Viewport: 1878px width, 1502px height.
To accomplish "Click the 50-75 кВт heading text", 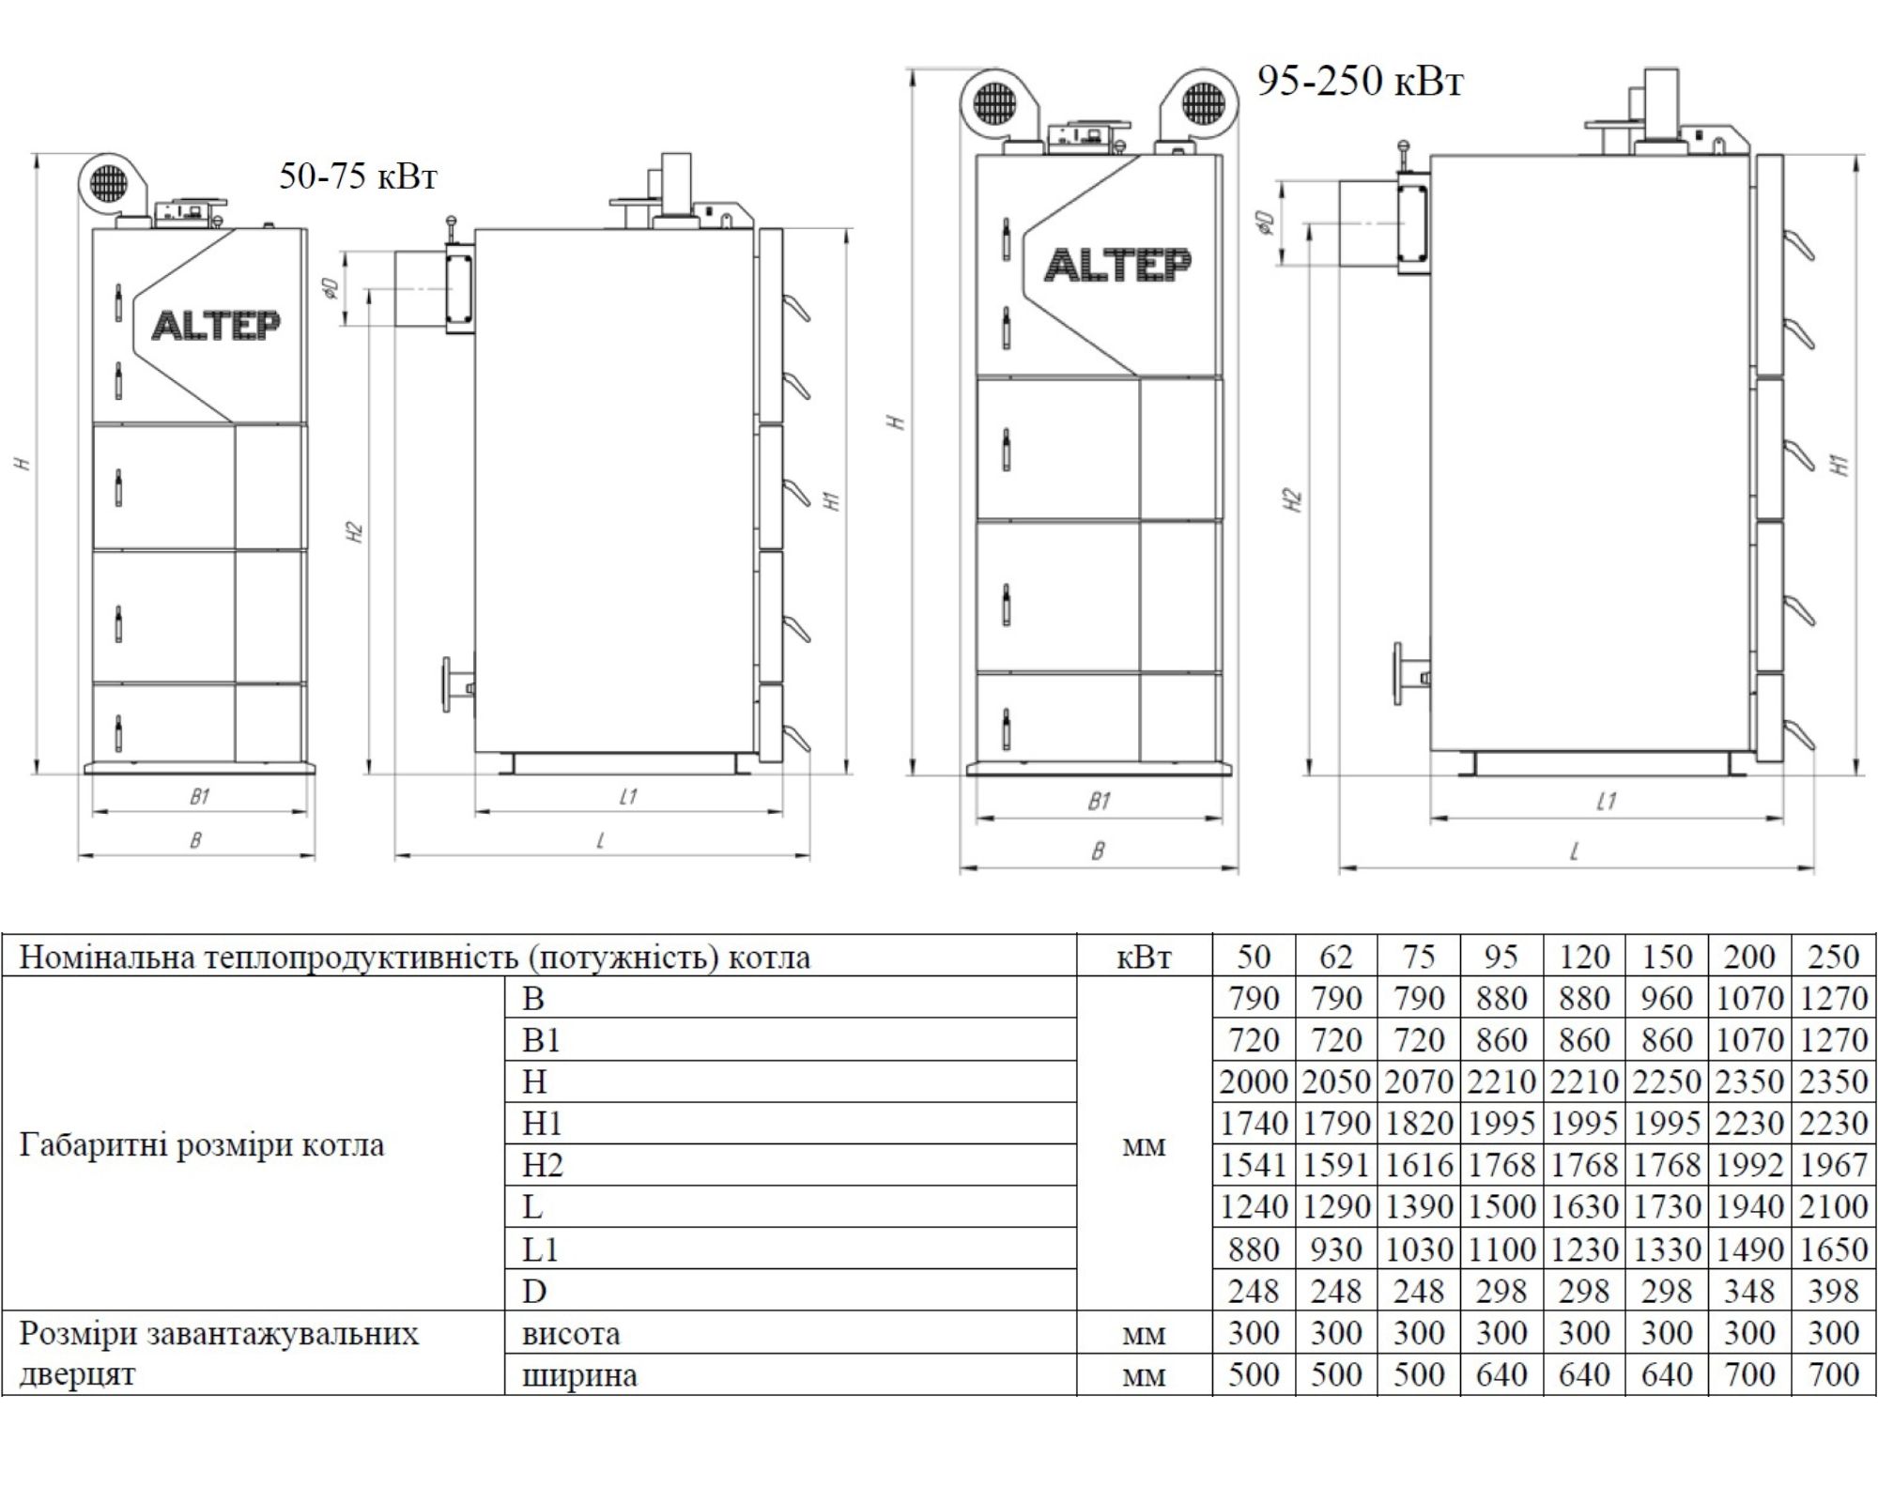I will click(x=358, y=176).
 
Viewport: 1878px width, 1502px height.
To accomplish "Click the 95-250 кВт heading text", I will click(x=1360, y=82).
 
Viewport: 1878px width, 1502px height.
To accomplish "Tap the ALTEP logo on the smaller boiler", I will click(x=215, y=326).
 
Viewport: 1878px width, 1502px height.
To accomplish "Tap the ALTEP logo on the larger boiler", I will click(x=1117, y=265).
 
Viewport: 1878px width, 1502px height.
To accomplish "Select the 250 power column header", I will click(x=1833, y=957).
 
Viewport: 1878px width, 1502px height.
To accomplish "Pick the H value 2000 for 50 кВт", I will click(x=1253, y=1082).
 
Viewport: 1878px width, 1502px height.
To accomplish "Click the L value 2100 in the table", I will click(x=1833, y=1207).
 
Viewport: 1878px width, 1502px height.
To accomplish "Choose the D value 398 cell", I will click(x=1833, y=1292).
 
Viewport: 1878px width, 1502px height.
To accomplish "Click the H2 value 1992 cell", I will click(x=1749, y=1166).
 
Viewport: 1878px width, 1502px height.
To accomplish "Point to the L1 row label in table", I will click(x=540, y=1249).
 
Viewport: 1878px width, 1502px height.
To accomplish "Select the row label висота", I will click(x=571, y=1334).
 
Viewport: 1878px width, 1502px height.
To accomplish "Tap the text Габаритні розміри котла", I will click(x=202, y=1146).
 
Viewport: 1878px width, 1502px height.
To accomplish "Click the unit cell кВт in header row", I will click(x=1144, y=958).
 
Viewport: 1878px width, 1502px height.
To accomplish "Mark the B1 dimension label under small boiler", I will click(x=199, y=797).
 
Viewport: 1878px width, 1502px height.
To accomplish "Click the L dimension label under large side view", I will click(x=1575, y=851).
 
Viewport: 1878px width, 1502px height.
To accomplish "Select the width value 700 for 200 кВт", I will click(x=1749, y=1375).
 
